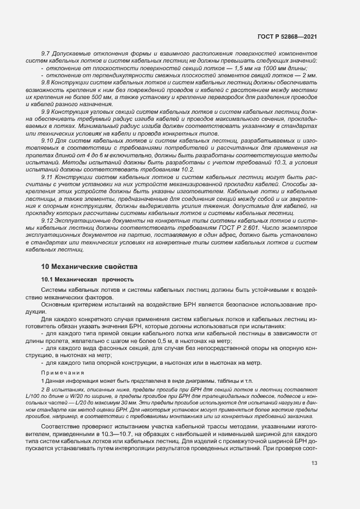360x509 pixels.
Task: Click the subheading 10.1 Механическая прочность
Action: [87, 279]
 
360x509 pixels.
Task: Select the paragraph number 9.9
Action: [46, 111]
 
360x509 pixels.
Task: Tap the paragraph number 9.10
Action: [47, 140]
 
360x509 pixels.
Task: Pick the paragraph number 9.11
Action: [47, 177]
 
